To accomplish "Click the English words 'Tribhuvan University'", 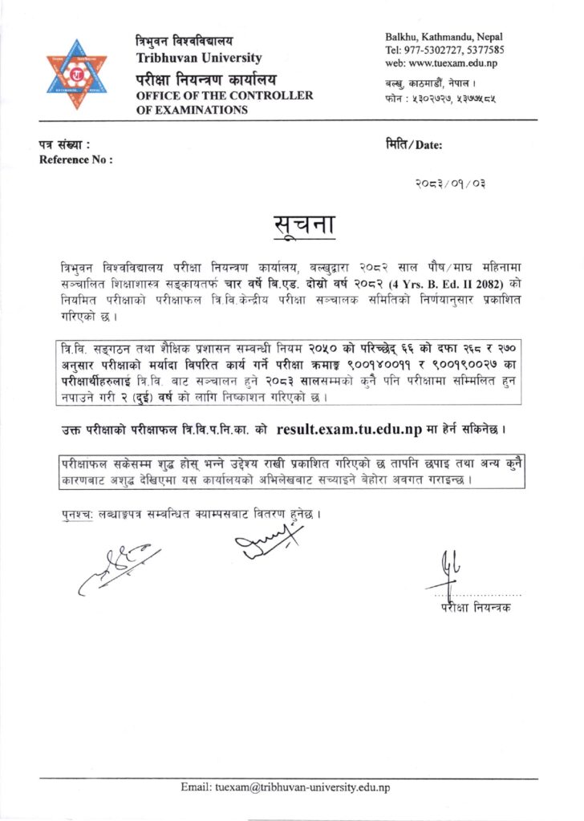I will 199,58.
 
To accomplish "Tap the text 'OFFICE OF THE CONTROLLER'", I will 224,95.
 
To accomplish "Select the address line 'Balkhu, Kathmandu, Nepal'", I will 444,37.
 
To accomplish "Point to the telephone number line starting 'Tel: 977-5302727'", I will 444,50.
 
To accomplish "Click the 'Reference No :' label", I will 75,160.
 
